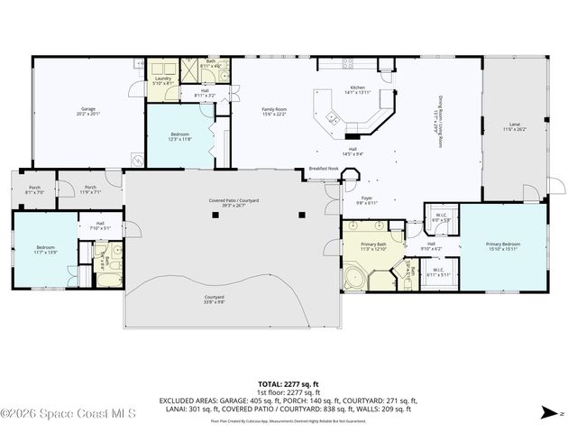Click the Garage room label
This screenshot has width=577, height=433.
87,111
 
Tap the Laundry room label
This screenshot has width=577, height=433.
163,80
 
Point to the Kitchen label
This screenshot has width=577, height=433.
357,90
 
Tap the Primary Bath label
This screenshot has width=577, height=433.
373,246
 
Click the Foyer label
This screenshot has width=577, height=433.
367,201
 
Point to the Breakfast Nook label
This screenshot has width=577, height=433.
323,169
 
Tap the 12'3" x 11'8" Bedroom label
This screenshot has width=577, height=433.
179,136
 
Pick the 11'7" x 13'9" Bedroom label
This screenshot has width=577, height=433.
45,249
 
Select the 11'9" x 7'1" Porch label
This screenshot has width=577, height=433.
90,189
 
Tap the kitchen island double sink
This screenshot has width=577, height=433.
333,117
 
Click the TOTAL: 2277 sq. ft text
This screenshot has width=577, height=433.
288,383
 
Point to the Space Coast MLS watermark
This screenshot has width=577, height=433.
69,414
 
